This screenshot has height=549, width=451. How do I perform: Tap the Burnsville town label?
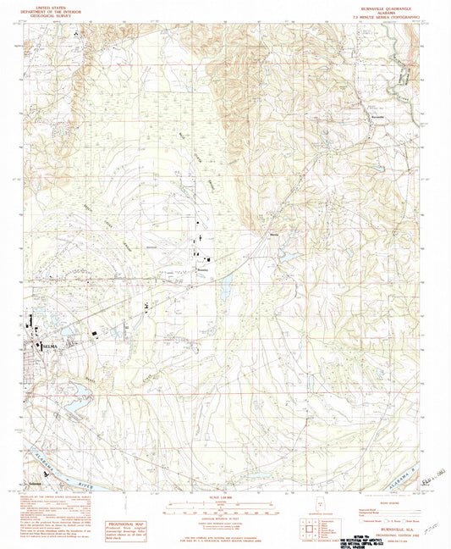(x=366, y=117)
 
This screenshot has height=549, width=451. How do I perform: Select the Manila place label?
(x=273, y=236)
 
